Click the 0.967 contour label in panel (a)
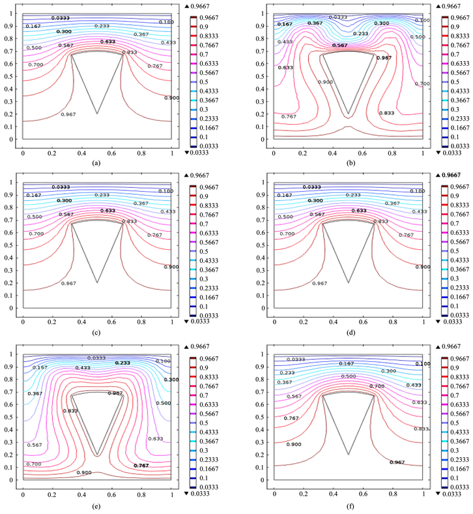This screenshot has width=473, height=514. coord(68,114)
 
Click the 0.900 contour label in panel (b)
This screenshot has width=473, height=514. coord(325,82)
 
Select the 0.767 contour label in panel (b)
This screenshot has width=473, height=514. coord(289,116)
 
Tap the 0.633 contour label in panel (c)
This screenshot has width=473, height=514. coord(109,211)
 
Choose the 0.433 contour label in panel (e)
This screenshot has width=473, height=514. coord(82,368)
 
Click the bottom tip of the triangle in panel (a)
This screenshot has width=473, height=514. coord(97,113)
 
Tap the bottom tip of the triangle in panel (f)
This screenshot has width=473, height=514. coord(349,453)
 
